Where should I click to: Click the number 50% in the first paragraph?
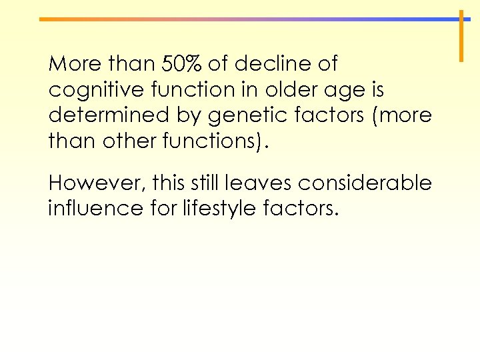pyautogui.click(x=181, y=65)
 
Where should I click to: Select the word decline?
pyautogui.click(x=266, y=65)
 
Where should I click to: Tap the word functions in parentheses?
pyautogui.click(x=215, y=141)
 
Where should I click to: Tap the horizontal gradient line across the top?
pyautogui.click(x=247, y=19)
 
